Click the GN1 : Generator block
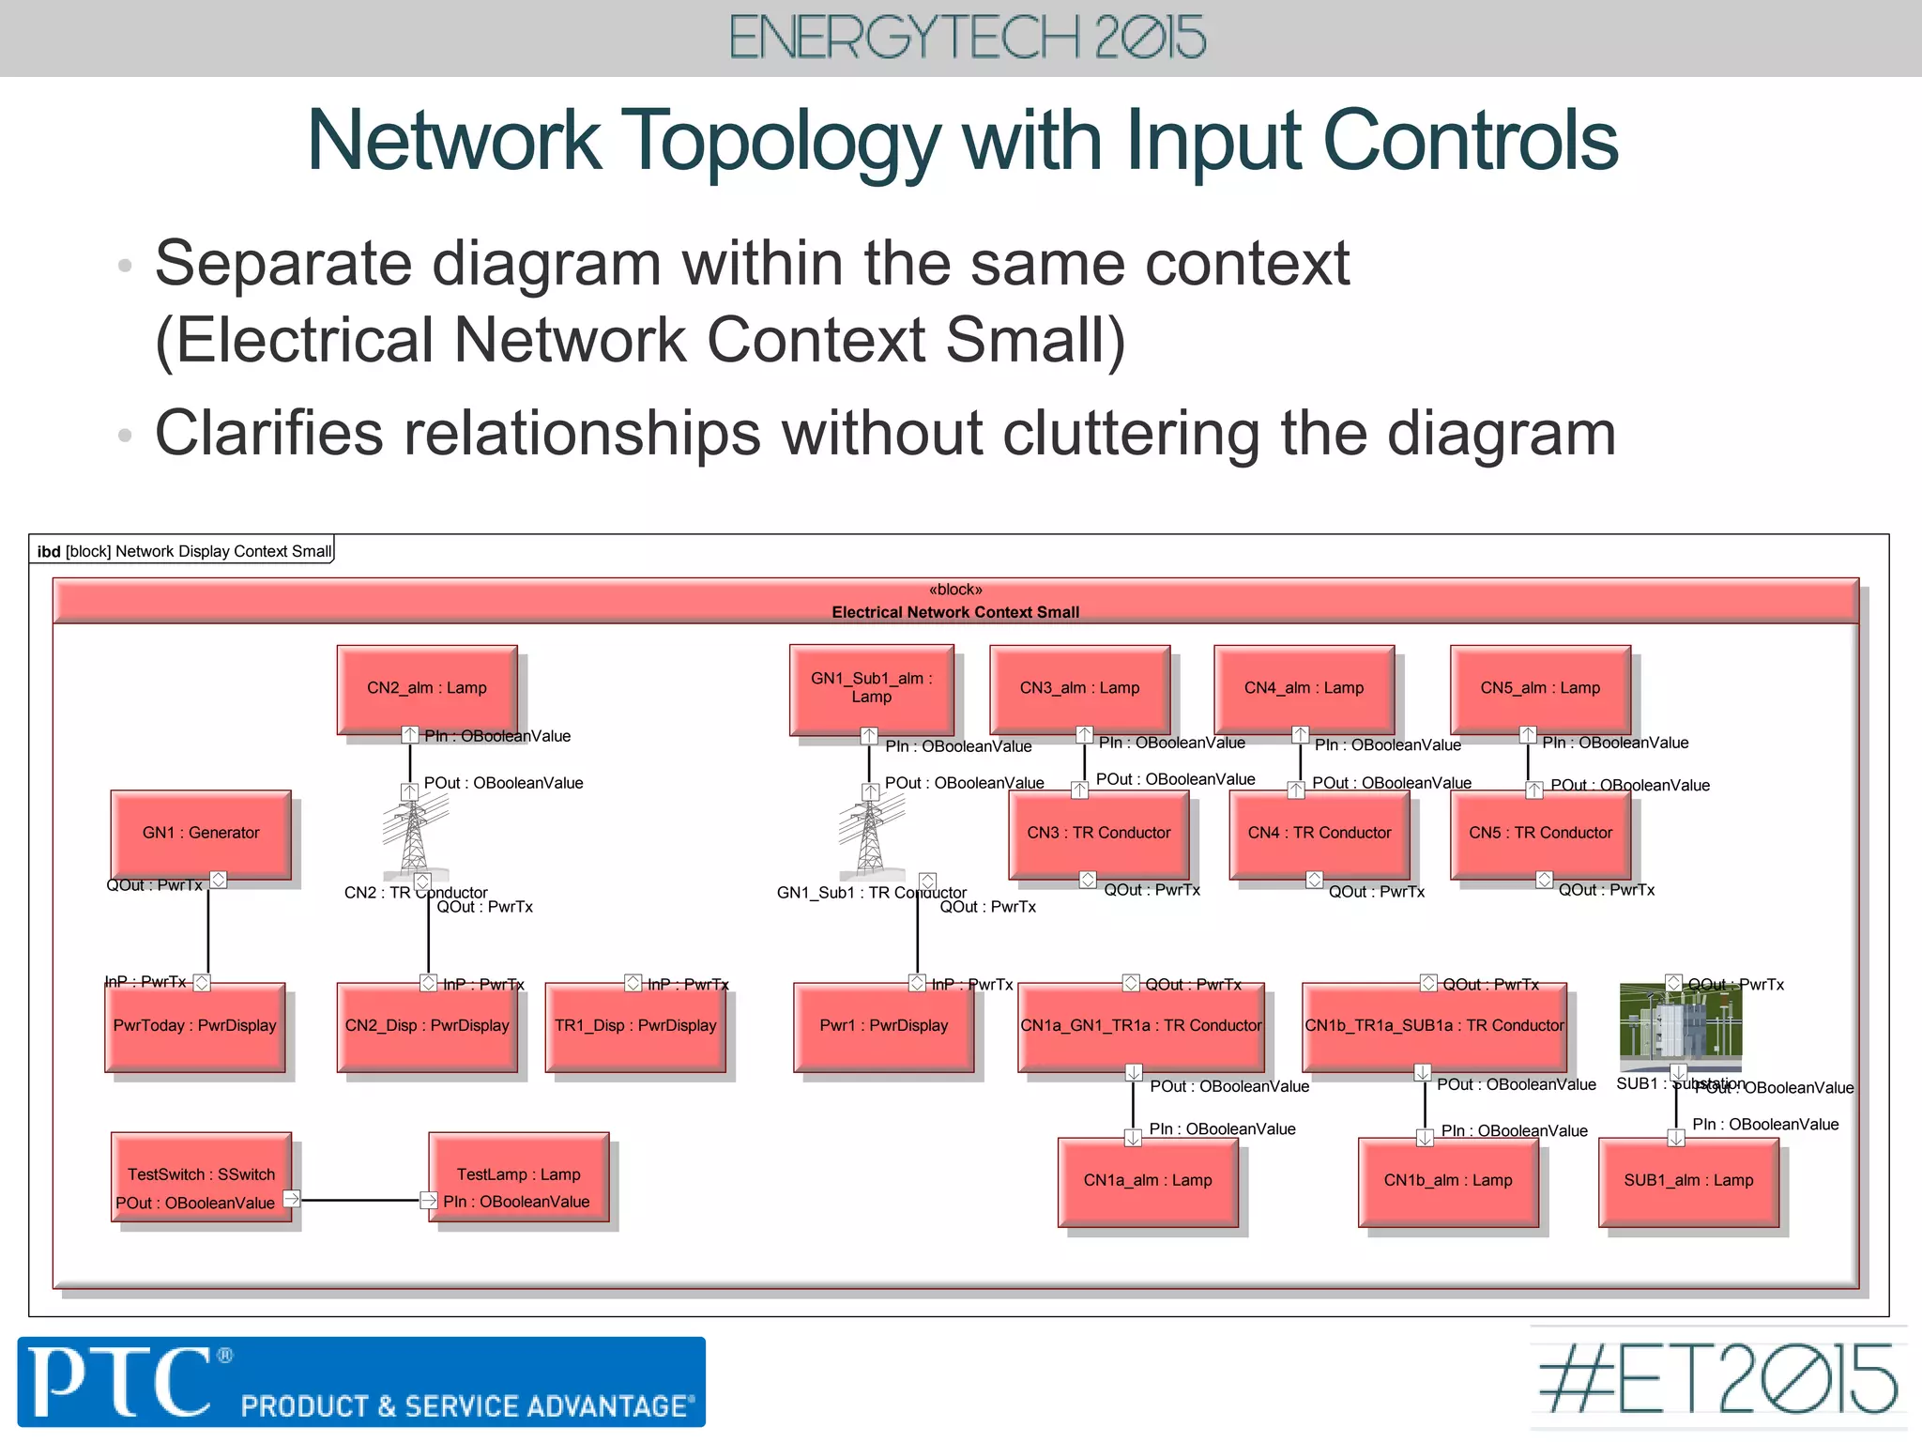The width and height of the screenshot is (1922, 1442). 201,834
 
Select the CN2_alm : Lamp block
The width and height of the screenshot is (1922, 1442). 427,689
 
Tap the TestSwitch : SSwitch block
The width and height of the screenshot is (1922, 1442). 201,1175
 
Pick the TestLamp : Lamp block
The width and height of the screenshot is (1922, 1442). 518,1175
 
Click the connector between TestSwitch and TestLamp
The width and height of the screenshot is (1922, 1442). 360,1200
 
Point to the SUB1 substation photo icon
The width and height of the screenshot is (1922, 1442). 1681,1025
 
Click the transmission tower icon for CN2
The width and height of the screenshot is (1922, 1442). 414,831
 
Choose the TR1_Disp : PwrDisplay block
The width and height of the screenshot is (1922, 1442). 635,1026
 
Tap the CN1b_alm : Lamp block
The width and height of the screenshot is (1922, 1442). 1448,1181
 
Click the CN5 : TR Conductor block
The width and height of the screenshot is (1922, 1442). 1540,834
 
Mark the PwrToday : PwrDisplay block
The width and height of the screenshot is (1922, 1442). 195,1026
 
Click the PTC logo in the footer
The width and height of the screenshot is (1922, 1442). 122,1381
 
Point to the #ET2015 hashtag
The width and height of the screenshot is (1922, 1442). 1717,1379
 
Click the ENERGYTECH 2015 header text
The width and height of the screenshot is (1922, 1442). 967,38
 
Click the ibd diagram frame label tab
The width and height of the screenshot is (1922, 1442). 184,551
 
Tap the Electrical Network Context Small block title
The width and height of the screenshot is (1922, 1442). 955,612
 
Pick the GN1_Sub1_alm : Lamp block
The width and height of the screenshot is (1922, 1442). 871,689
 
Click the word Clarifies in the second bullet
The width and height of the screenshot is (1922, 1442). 268,434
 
